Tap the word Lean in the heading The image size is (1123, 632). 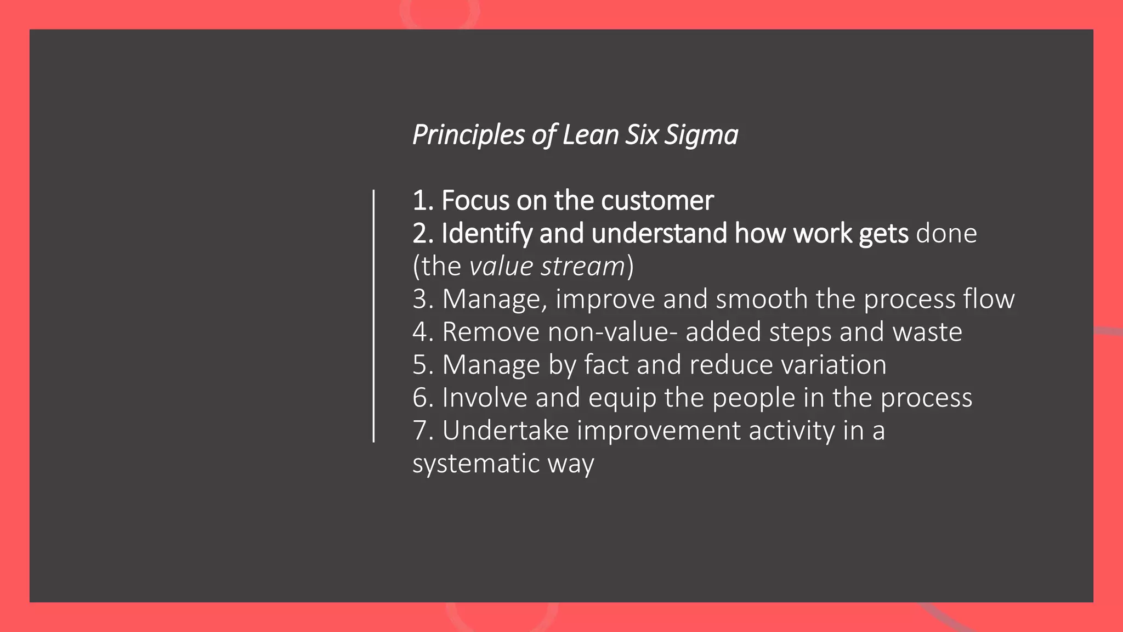[590, 136]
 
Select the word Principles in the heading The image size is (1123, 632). [468, 136]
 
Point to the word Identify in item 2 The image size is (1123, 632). [486, 234]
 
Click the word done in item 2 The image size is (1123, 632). [946, 234]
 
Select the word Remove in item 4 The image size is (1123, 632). [490, 332]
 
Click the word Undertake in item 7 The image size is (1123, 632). [505, 431]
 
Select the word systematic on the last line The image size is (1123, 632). [475, 464]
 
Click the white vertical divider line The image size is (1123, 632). [373, 316]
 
